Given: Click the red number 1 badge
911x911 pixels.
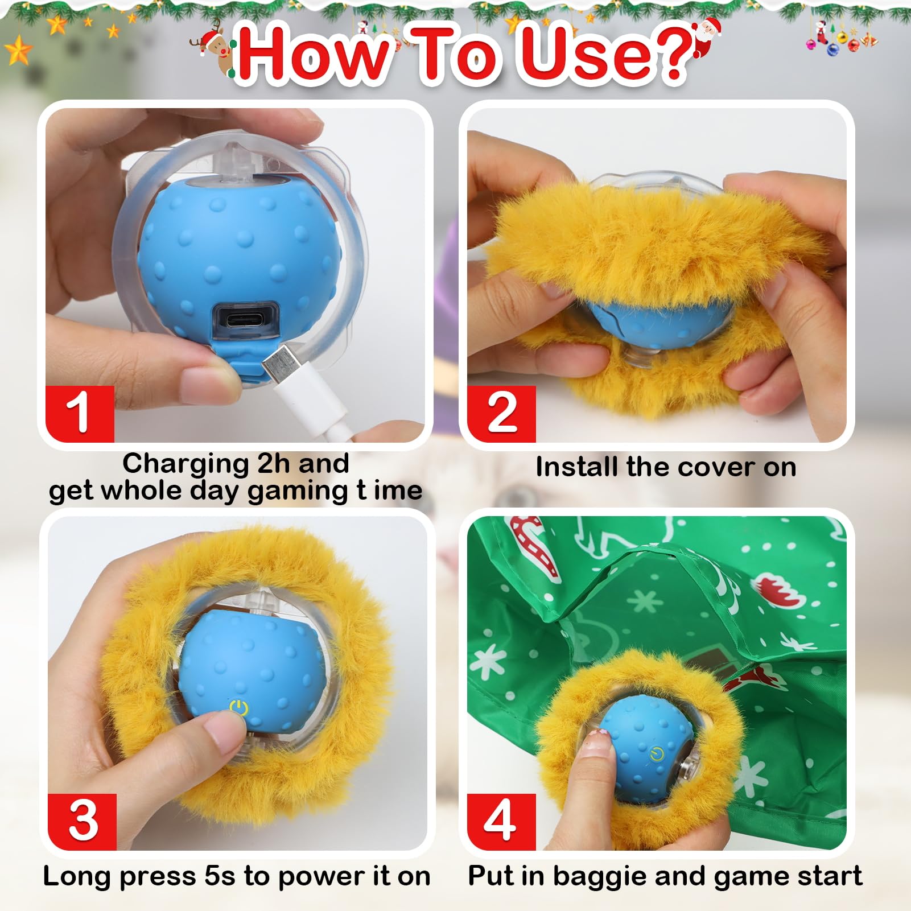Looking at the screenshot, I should (x=79, y=414).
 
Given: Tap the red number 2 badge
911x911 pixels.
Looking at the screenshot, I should (x=501, y=414).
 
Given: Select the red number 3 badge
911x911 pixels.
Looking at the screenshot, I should (x=82, y=821).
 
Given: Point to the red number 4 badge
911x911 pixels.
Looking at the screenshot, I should (x=501, y=821).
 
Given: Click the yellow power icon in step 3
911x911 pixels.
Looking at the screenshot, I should (x=239, y=709).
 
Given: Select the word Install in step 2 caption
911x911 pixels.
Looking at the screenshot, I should (x=577, y=467).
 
